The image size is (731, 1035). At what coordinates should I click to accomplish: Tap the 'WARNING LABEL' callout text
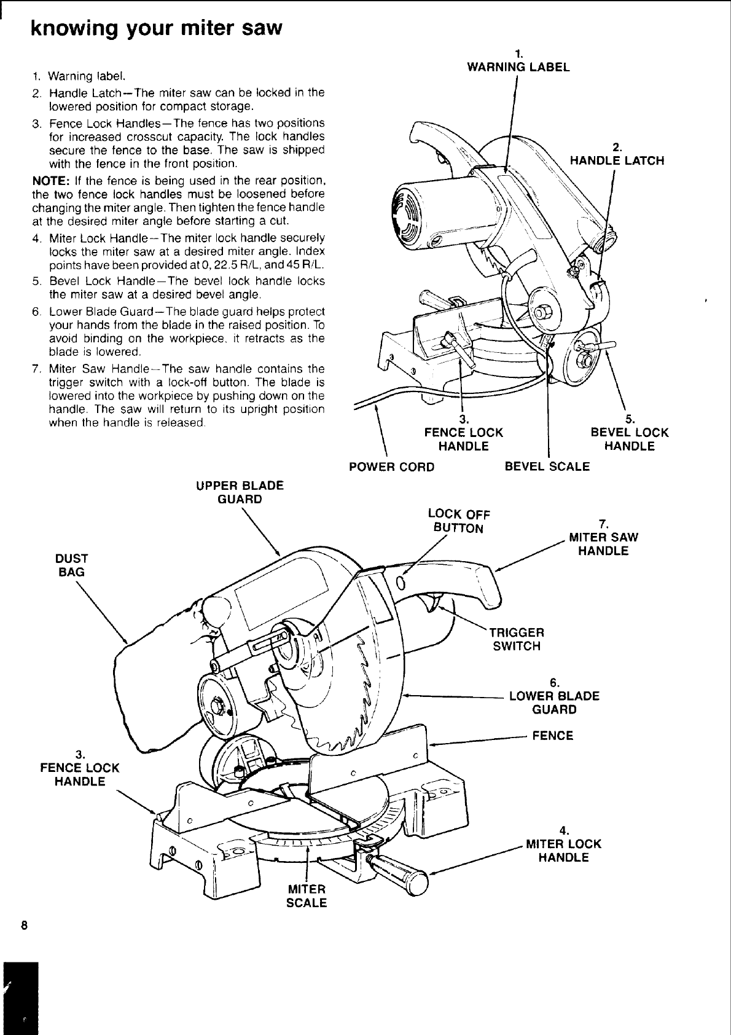click(x=518, y=67)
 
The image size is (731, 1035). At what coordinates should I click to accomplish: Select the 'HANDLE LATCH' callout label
click(x=617, y=160)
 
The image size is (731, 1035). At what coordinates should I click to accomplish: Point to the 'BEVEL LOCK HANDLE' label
click(x=629, y=439)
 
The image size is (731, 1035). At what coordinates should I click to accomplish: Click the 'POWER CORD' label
click(x=391, y=466)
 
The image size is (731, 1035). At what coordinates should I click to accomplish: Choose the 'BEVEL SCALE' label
click(x=547, y=466)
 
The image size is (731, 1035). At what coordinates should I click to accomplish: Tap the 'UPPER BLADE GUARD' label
click(x=240, y=492)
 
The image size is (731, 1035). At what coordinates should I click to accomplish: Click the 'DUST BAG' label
click(x=71, y=565)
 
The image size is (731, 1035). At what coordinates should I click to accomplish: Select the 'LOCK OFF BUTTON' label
click(x=458, y=521)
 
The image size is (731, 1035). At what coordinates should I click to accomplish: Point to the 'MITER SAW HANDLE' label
click(x=603, y=543)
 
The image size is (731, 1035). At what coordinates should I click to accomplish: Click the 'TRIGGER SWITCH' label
click(x=516, y=639)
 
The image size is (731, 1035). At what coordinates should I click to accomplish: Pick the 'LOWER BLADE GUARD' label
click(x=554, y=702)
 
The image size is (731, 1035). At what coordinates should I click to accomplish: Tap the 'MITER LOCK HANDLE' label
click(x=563, y=850)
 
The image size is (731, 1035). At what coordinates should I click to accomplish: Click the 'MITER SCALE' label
click(x=307, y=895)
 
